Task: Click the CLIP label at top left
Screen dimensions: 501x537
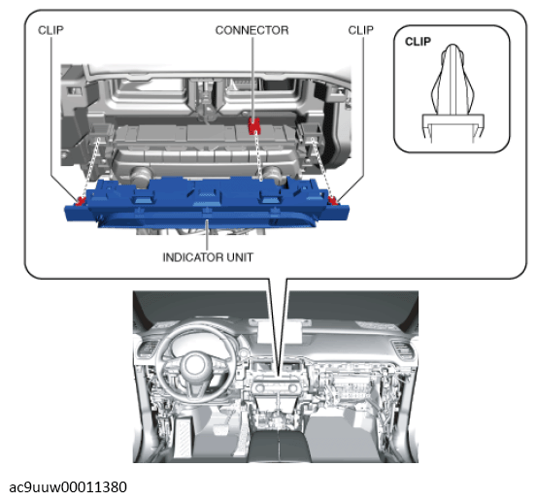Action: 51,30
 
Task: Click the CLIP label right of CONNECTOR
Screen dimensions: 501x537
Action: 361,30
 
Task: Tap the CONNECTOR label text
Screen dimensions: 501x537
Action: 252,30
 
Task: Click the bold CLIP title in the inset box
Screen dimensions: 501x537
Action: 419,43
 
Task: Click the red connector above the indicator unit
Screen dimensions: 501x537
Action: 254,124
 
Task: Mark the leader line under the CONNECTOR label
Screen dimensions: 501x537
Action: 252,78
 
